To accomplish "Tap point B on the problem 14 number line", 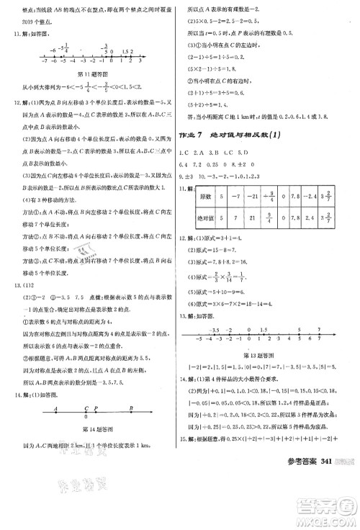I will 131,413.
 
